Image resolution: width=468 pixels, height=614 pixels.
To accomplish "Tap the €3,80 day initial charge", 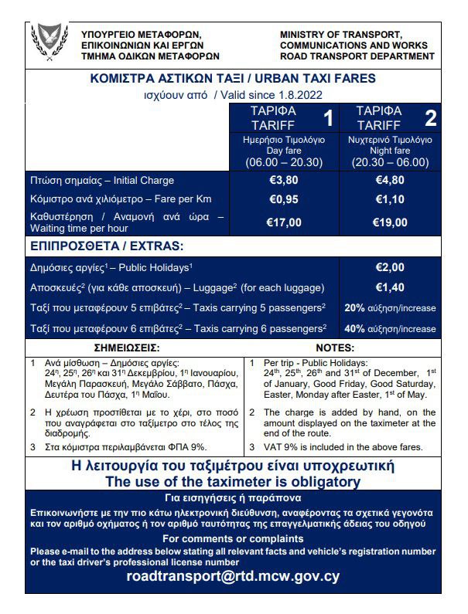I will coord(284,181).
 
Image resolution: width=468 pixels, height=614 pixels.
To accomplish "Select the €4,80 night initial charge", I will coord(390,181).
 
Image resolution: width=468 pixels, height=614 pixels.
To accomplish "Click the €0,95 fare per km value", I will coord(284,199).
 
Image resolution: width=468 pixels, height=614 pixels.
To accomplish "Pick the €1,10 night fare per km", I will coord(390,199).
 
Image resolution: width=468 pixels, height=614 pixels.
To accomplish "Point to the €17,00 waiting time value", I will coord(284,223).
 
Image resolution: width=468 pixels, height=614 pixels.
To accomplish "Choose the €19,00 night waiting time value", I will coord(390,223).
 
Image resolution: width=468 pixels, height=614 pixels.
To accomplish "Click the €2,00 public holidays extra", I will coord(390,267).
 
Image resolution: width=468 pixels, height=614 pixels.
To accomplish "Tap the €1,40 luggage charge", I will coord(390,287).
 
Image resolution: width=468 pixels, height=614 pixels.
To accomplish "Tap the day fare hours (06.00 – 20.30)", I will coord(284,162).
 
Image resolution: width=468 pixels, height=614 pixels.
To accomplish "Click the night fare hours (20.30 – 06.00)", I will coord(390,162).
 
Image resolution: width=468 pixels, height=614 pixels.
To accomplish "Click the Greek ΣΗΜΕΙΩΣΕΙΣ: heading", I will coord(127,348).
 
